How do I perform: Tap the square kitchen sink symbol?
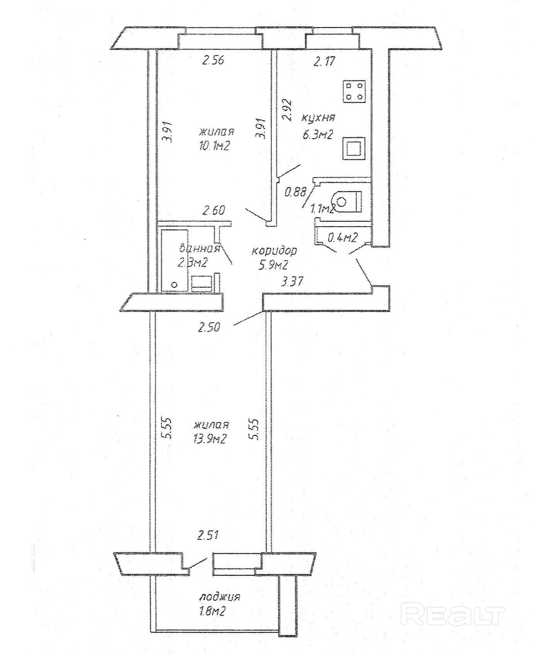click(353, 148)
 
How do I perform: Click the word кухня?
click(318, 118)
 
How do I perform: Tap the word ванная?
click(200, 248)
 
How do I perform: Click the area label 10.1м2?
click(215, 145)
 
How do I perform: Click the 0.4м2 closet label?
click(342, 237)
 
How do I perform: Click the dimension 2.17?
click(325, 61)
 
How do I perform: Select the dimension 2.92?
click(288, 111)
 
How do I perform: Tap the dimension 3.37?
click(292, 281)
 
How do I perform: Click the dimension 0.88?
click(295, 192)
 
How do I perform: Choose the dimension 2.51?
click(208, 536)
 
